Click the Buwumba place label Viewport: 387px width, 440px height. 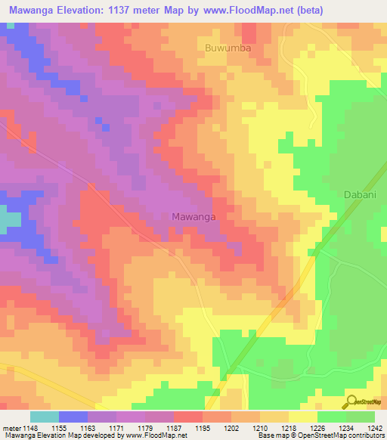pyautogui.click(x=228, y=48)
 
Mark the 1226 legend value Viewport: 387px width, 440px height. pyautogui.click(x=318, y=428)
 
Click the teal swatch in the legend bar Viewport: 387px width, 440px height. pyautogui.click(x=44, y=417)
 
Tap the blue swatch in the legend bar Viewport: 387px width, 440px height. pyautogui.click(x=73, y=417)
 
